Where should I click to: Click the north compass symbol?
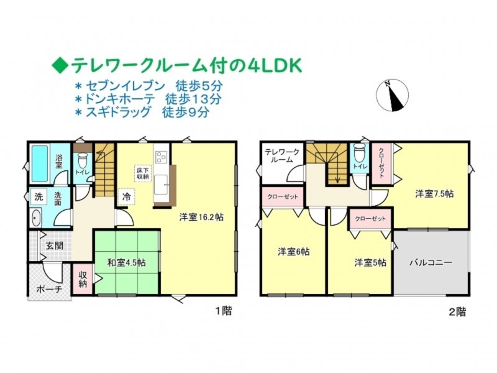pyautogui.click(x=392, y=95)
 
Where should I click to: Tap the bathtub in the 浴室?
pyautogui.click(x=40, y=163)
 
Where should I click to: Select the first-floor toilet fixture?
pyautogui.click(x=83, y=161)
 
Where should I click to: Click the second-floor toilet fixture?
pyautogui.click(x=359, y=152)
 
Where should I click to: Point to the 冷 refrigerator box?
pyautogui.click(x=127, y=196)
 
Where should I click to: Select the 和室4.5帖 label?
pyautogui.click(x=127, y=262)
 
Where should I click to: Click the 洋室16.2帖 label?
pyautogui.click(x=201, y=217)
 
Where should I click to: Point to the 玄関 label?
pyautogui.click(x=55, y=246)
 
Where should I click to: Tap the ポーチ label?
pyautogui.click(x=49, y=289)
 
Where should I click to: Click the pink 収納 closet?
pyautogui.click(x=83, y=279)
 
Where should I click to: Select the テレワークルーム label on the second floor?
pyautogui.click(x=282, y=156)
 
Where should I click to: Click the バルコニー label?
pyautogui.click(x=431, y=262)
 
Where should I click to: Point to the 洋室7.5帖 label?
pyautogui.click(x=434, y=193)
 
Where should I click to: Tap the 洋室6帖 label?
pyautogui.click(x=293, y=252)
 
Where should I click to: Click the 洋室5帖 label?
pyautogui.click(x=370, y=262)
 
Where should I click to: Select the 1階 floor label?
pyautogui.click(x=224, y=311)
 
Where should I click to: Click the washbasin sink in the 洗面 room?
pyautogui.click(x=37, y=218)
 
